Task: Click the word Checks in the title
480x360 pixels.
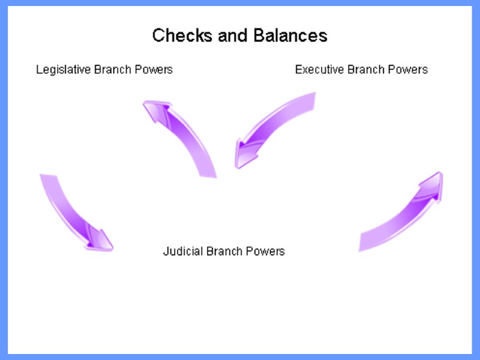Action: point(175,35)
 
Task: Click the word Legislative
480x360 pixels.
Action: point(63,70)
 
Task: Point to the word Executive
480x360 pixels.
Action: point(320,70)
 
